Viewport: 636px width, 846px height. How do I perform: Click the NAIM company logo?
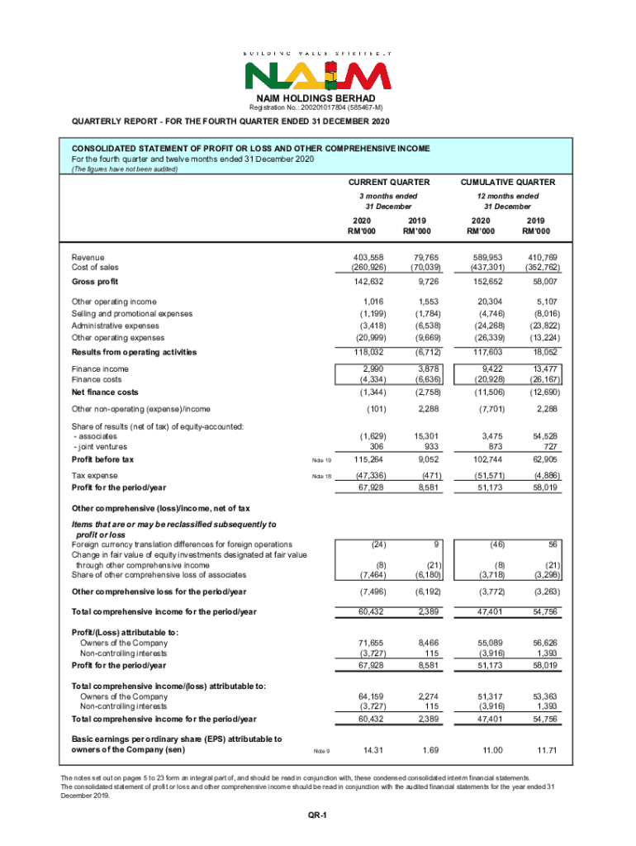(316, 75)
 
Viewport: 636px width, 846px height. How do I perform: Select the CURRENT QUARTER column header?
(389, 182)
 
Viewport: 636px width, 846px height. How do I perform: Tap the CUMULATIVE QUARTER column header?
(507, 182)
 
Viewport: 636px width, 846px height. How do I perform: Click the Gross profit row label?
(95, 283)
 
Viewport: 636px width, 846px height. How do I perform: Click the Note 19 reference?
(320, 460)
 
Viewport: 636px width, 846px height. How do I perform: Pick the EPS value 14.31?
(364, 749)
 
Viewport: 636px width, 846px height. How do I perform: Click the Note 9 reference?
(322, 750)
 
